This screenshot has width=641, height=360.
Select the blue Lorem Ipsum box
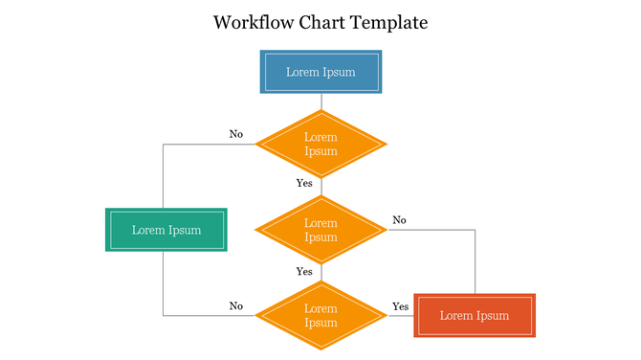pyautogui.click(x=320, y=72)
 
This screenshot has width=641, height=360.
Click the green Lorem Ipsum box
pyautogui.click(x=166, y=230)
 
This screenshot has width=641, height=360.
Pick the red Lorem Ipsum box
pyautogui.click(x=475, y=316)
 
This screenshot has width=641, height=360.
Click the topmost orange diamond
pyautogui.click(x=320, y=145)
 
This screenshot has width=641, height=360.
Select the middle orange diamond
pyautogui.click(x=320, y=230)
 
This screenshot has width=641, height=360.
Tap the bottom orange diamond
pyautogui.click(x=320, y=316)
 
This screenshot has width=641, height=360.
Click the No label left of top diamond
pyautogui.click(x=236, y=134)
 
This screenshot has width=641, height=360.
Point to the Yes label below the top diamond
pyautogui.click(x=304, y=183)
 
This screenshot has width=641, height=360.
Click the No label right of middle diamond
pyautogui.click(x=399, y=220)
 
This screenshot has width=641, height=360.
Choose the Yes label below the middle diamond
pyautogui.click(x=304, y=271)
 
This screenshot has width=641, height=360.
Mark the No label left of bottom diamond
pyautogui.click(x=236, y=306)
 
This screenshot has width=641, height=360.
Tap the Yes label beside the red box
pyautogui.click(x=400, y=306)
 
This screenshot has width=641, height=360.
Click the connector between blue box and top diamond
pyautogui.click(x=320, y=101)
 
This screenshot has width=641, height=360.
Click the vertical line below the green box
pyautogui.click(x=163, y=282)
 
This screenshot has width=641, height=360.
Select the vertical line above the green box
pyautogui.click(x=163, y=177)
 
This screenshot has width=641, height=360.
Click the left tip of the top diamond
pyautogui.click(x=256, y=145)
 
